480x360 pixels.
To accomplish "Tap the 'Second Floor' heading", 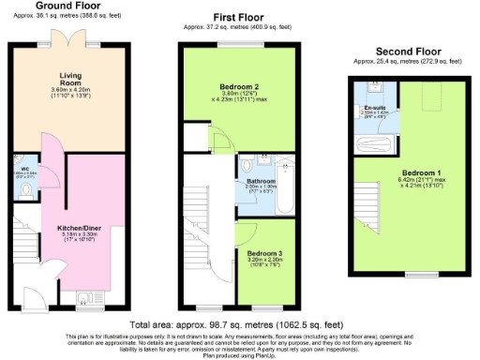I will (408, 52).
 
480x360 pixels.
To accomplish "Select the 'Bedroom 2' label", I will (247, 84).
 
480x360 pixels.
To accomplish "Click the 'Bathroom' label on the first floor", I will (260, 180).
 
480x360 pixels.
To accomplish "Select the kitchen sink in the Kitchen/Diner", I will (84, 299).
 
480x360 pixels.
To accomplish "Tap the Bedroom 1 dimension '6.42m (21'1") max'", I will (417, 181).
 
